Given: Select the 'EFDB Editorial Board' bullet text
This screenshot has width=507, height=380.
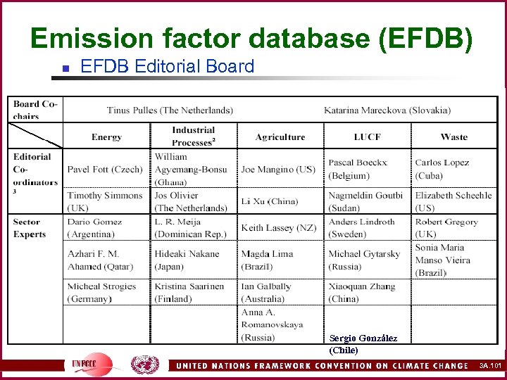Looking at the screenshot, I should [167, 67].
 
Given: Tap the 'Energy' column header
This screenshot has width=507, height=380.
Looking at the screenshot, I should [106, 137].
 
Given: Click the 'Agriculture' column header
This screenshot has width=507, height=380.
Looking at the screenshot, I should [280, 137].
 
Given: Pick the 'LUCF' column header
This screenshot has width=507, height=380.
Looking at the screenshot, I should [368, 137].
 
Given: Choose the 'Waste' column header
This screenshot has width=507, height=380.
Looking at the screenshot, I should [453, 137].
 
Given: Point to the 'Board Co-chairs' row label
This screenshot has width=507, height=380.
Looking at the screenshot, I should [35, 110].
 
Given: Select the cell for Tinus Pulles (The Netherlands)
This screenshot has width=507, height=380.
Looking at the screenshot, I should [170, 110].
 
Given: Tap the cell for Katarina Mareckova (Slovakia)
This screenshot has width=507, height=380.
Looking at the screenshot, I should [387, 110].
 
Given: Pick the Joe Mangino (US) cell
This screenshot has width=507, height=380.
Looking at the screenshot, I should [278, 170].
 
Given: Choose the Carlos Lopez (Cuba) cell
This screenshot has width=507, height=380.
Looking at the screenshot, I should [442, 169].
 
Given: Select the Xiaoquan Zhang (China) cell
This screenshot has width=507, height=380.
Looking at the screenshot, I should [362, 293].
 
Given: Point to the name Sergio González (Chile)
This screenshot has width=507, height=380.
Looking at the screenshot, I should [363, 344].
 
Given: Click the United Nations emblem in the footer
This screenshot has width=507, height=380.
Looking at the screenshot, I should [144, 365].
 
